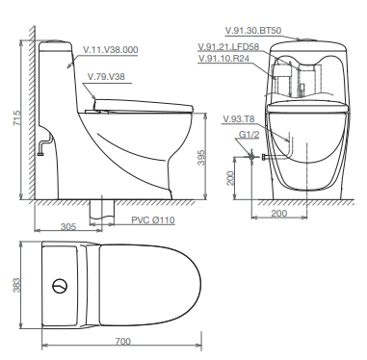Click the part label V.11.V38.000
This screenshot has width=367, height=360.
coord(110,49)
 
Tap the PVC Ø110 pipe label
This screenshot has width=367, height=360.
coord(153,220)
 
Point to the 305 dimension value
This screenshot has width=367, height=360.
coord(68,226)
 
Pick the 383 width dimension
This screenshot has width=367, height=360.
coord(16,286)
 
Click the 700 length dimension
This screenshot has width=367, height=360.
coord(122,342)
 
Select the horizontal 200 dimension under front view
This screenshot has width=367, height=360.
coord(278,214)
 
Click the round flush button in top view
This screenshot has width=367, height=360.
coord(61,286)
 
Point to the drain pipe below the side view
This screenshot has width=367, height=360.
coord(99,211)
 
